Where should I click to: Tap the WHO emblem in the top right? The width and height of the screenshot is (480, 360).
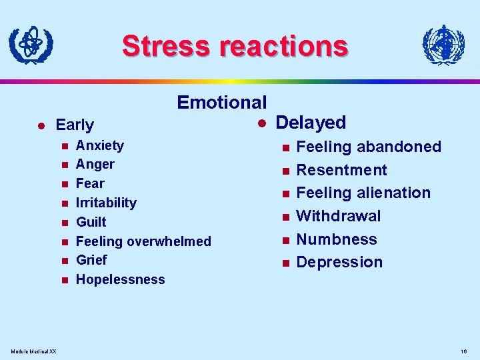click(x=443, y=45)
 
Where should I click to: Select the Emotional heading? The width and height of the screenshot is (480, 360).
click(x=221, y=102)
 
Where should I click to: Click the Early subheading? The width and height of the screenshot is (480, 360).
click(x=75, y=125)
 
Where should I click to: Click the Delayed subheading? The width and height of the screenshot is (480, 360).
click(x=311, y=123)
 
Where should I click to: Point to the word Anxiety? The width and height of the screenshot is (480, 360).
click(x=100, y=145)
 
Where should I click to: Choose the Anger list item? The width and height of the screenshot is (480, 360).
click(x=95, y=164)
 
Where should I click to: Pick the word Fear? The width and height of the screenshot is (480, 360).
click(x=90, y=183)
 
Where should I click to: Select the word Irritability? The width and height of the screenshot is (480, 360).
click(x=106, y=203)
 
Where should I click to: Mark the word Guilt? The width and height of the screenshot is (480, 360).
click(x=91, y=222)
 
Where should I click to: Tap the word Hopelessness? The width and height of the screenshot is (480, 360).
click(x=121, y=279)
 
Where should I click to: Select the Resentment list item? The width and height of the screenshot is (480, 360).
click(x=341, y=170)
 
